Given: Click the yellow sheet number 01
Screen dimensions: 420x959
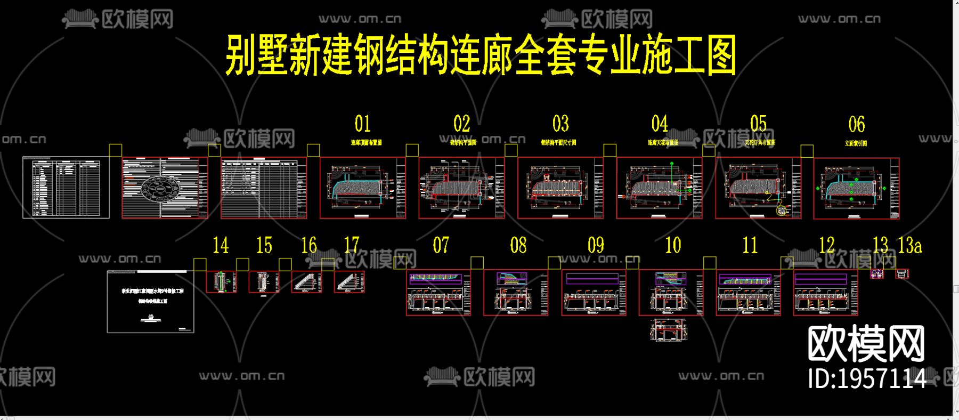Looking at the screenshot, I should coord(363,124).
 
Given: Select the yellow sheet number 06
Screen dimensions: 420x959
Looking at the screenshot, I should coord(856,125).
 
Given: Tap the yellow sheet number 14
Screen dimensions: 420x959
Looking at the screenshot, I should coord(221,246).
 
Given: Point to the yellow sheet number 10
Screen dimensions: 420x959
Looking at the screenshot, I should coord(673,246).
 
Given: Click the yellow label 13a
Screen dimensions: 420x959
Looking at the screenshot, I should coord(910,245).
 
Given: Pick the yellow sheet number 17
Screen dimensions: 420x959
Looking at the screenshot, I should coord(352,245).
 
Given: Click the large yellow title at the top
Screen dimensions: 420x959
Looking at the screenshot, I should coord(481,55).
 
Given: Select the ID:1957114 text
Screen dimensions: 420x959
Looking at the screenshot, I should coord(867,378).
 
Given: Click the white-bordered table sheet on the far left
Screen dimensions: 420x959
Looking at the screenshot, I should coord(66,188).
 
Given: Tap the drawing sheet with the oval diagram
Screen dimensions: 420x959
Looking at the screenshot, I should coord(165,188).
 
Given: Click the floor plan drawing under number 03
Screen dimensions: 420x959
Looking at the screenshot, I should coord(560,188).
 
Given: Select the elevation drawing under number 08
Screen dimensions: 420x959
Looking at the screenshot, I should coord(516,293).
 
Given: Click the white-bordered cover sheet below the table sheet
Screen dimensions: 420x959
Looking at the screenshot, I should coord(151,302).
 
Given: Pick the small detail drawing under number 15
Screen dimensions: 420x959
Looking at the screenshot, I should coord(264,281).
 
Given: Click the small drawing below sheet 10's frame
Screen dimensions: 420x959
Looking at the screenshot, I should coord(670,330).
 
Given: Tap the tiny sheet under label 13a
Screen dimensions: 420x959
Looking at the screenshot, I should coord(901,274).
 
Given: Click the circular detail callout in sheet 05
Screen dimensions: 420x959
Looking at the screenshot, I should coord(782,211).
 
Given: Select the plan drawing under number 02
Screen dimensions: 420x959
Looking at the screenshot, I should coord(461,188).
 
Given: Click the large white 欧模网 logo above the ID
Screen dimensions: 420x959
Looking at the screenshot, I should coord(866,344).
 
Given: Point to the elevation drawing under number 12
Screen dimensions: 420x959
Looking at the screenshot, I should coord(825,293).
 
